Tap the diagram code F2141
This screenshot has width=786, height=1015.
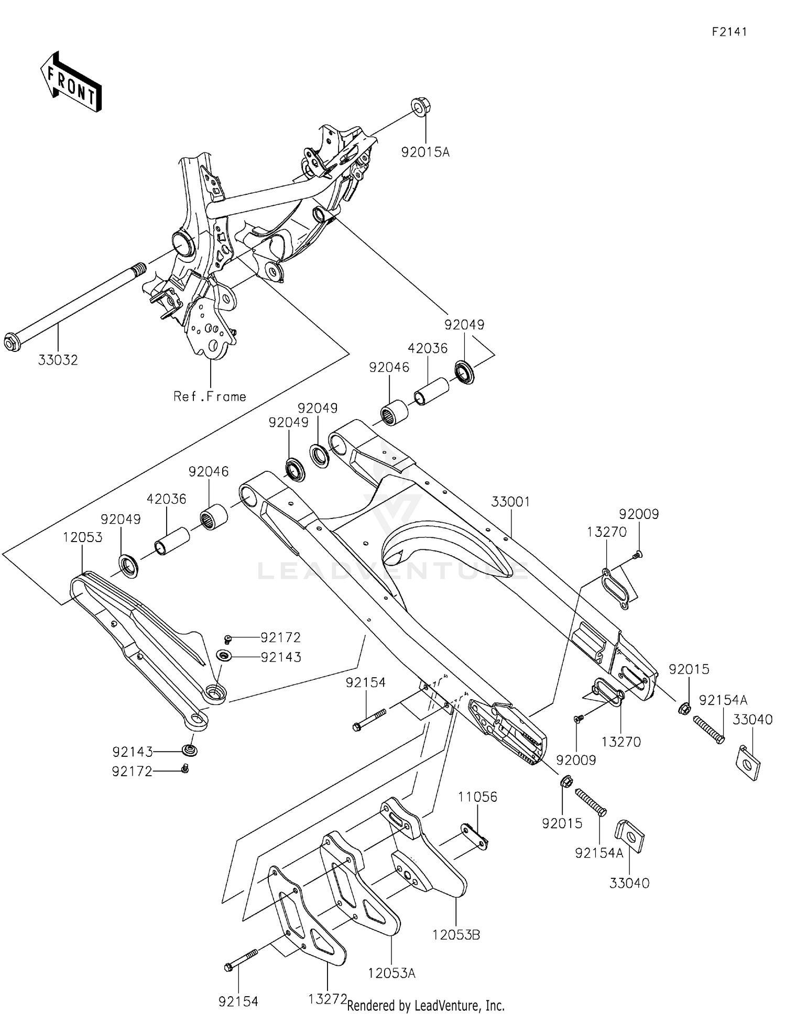coord(729,31)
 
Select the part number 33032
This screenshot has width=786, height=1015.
coord(58,360)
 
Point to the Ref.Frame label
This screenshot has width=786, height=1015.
coord(210,396)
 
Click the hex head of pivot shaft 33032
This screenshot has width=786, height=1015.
coord(12,341)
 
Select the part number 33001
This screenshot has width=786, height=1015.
coord(510,502)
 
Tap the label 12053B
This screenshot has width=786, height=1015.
coord(456,935)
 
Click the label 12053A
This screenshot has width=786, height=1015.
coord(391,973)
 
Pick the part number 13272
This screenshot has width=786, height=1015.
coord(327,999)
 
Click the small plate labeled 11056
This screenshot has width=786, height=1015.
coord(474,836)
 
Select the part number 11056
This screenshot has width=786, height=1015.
coord(477,797)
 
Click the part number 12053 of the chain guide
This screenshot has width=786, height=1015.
coord(83,537)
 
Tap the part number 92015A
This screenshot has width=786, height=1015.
coord(425,152)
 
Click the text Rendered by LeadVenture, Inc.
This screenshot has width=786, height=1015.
coord(425,1006)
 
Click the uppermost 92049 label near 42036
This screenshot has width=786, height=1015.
coord(464,325)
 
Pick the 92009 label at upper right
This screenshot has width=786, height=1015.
coord(639,514)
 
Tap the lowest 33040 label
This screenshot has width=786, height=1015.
coord(629,883)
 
